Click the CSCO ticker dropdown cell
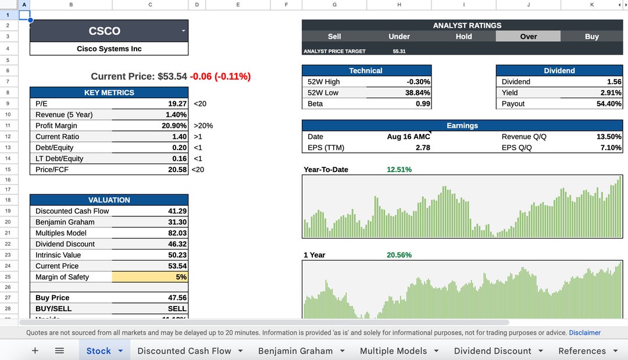109,31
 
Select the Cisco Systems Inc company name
109,49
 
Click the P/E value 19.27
177,104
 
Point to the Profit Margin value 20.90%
174,126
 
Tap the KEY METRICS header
109,92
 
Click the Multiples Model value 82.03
177,233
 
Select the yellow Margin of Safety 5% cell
150,277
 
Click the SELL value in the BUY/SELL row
177,309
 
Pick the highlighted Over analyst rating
528,37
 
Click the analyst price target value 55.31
399,51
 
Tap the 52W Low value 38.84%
418,93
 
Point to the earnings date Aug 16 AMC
408,137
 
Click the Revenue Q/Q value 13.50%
609,137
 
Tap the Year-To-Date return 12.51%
399,170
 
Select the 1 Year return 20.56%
399,255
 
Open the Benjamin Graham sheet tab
295,351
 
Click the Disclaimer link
584,333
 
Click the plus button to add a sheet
35,351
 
